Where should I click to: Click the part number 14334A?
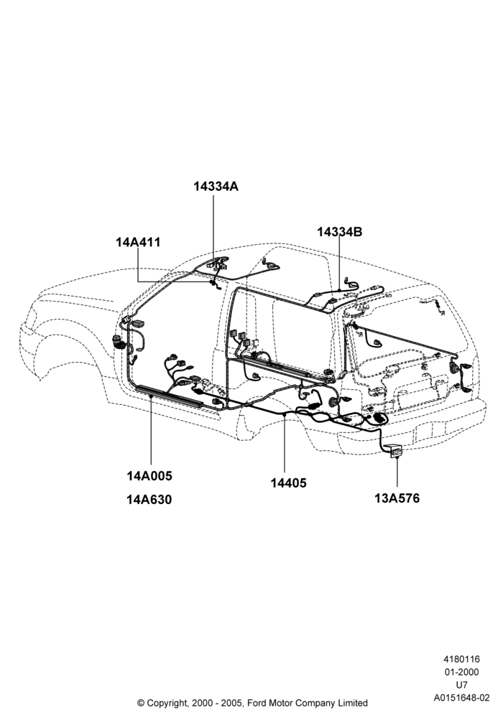[216, 187]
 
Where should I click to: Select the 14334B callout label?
[339, 232]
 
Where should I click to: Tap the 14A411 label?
[138, 242]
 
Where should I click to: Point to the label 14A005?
[149, 476]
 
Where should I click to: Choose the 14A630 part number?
[149, 500]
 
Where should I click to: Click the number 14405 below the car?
[288, 483]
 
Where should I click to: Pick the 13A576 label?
[397, 498]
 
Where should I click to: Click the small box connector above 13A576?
[396, 452]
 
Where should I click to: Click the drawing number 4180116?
[461, 659]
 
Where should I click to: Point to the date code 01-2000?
[461, 672]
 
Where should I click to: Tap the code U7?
[461, 685]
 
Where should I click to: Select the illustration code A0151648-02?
[461, 698]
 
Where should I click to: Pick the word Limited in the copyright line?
[351, 702]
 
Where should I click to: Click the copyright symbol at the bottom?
[141, 703]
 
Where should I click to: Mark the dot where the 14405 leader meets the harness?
[285, 414]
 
